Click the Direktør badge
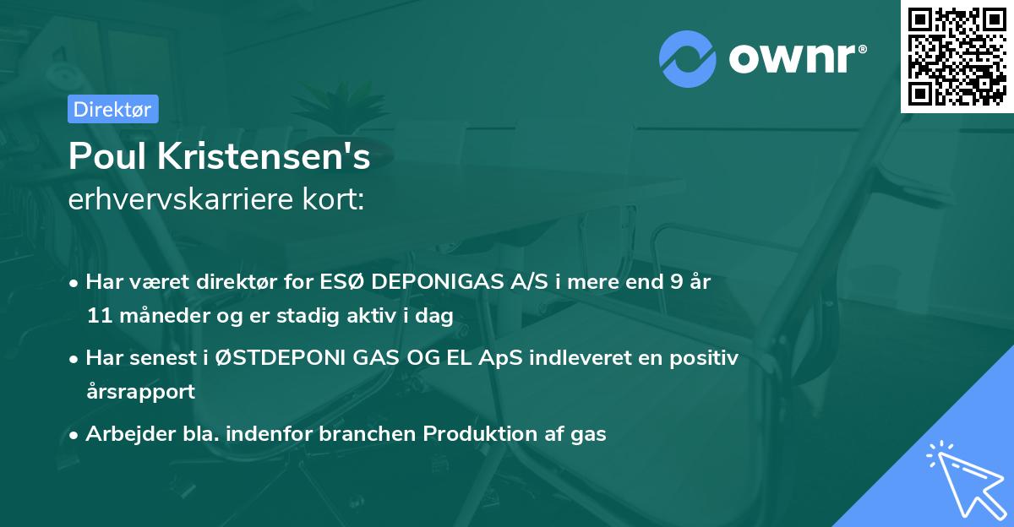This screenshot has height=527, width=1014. [112, 109]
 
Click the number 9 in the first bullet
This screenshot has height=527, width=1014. [676, 281]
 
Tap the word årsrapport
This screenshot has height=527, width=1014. [140, 392]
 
